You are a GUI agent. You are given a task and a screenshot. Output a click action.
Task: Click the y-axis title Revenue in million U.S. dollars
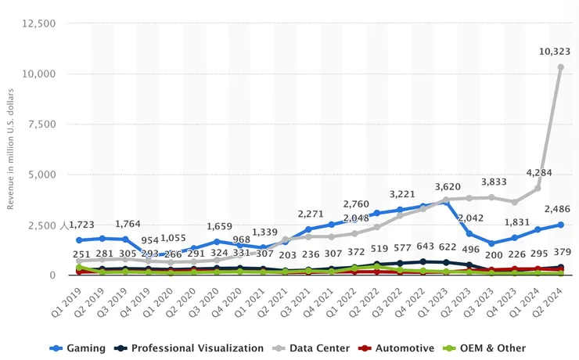pos(11,149)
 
